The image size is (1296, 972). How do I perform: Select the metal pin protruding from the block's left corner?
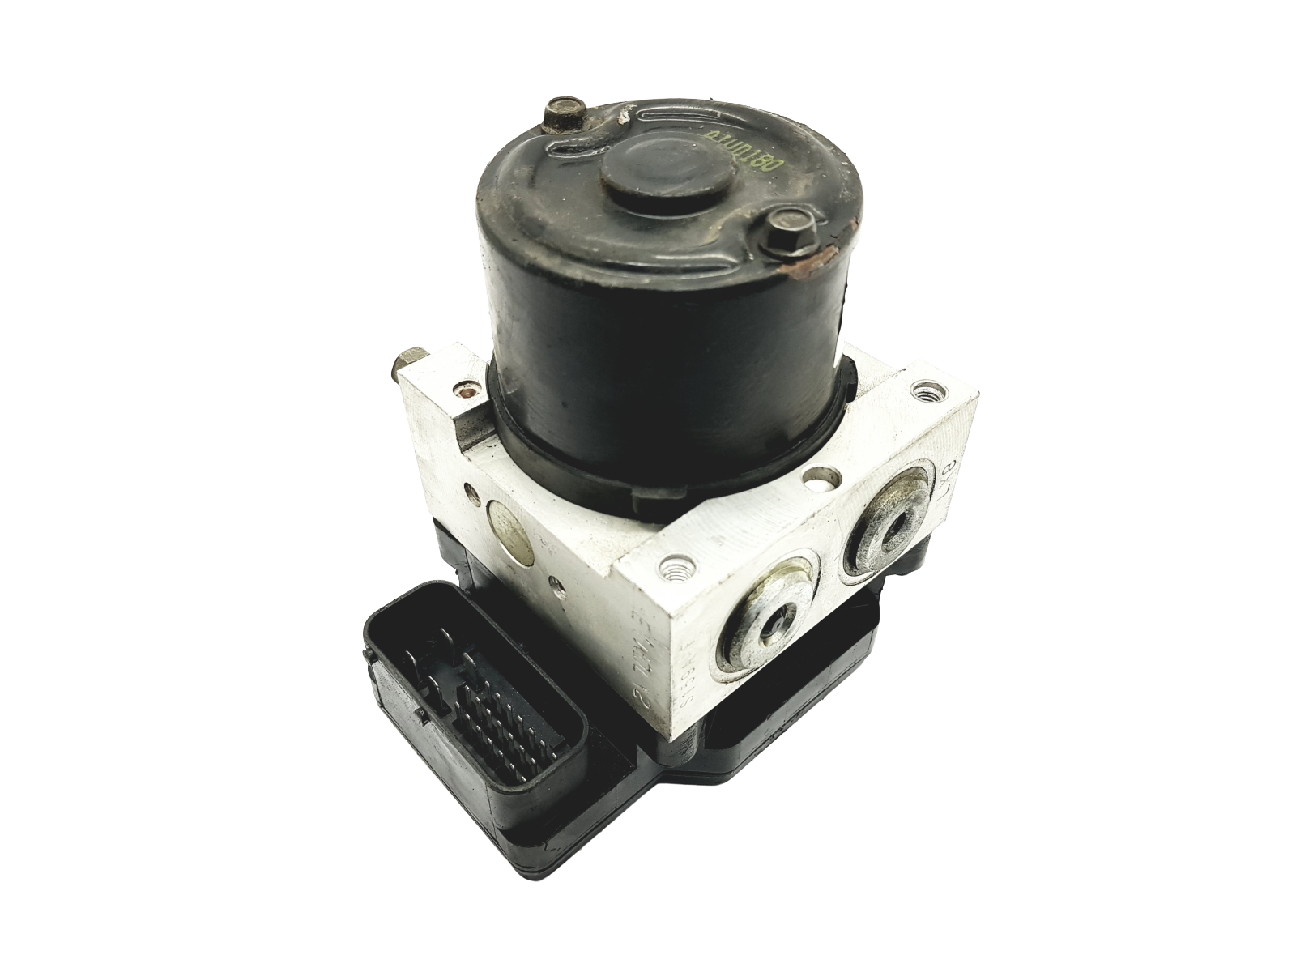[x=406, y=364]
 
